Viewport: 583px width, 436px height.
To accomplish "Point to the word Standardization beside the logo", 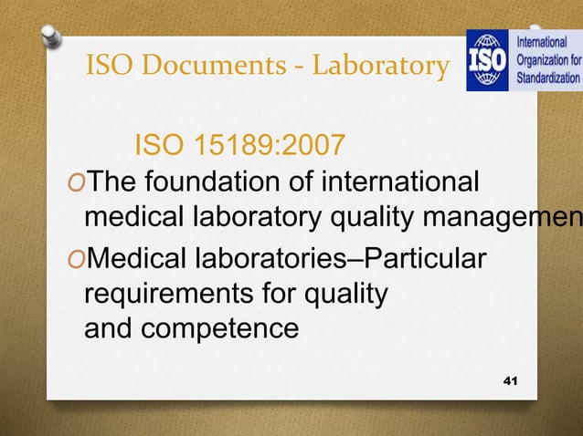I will pos(549,78).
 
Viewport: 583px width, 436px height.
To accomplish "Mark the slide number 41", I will pos(509,378).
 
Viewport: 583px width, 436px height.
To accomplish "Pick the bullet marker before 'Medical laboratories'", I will pos(74,258).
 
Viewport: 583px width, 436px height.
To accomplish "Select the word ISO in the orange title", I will pos(108,66).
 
